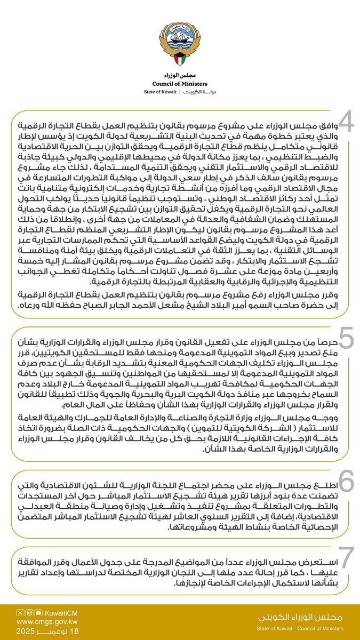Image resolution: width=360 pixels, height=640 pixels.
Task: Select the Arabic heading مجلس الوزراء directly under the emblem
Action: pyautogui.click(x=180, y=75)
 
